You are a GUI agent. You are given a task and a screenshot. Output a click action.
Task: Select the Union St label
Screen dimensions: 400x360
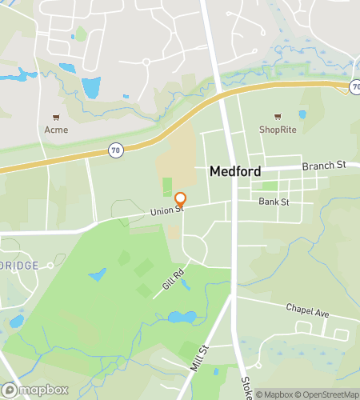coord(167,211)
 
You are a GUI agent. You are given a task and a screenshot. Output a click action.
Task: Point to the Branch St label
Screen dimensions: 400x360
coord(323,165)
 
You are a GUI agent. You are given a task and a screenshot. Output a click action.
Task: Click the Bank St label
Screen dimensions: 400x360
coord(274,202)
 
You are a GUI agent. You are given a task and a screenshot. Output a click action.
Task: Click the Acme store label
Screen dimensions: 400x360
coord(56,130)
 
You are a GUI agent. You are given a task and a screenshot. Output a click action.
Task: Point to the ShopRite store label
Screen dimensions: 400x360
coord(277,128)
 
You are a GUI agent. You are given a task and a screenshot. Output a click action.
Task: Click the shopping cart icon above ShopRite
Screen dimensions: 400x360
coord(278,117)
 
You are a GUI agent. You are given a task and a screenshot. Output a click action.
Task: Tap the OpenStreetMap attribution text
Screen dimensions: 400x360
coord(328,393)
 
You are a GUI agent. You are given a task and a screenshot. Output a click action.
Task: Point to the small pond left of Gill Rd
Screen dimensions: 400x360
coord(98,275)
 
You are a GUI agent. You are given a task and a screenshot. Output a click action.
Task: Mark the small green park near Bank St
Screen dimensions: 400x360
coord(270,186)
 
